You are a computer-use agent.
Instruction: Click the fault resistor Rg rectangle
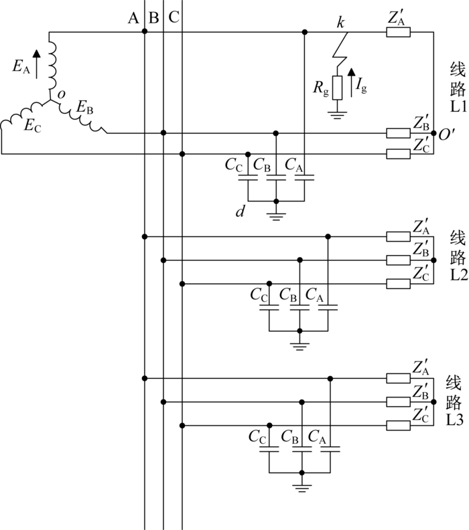[337, 88]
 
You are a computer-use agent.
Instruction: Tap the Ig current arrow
[352, 83]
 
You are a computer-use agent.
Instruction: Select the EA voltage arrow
[37, 64]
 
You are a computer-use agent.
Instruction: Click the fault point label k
[340, 22]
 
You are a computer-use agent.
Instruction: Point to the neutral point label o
[61, 94]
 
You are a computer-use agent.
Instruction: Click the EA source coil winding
[52, 64]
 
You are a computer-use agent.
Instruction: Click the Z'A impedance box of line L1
[398, 32]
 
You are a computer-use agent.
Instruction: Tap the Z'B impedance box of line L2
[398, 260]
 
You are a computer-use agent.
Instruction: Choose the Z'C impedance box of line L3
[398, 426]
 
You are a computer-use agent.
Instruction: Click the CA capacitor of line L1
[305, 177]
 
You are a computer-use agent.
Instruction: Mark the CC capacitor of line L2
[269, 307]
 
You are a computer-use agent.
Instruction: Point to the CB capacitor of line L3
[302, 449]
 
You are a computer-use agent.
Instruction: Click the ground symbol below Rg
[337, 115]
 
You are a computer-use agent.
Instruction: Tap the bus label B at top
[154, 17]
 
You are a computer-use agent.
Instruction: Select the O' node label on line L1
[447, 135]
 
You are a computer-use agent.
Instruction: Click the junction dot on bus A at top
[145, 31]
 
